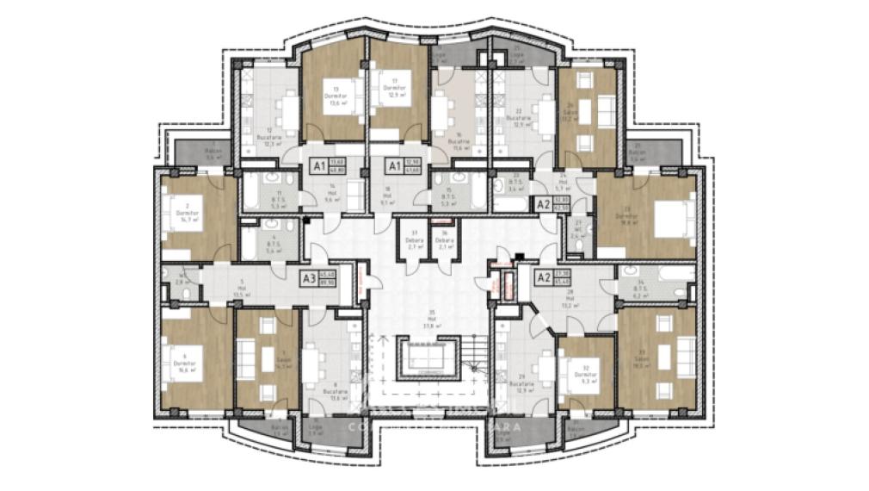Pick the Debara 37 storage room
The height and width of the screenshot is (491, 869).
413,240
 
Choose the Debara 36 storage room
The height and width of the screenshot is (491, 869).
446,240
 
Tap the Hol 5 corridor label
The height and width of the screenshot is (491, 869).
243,287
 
